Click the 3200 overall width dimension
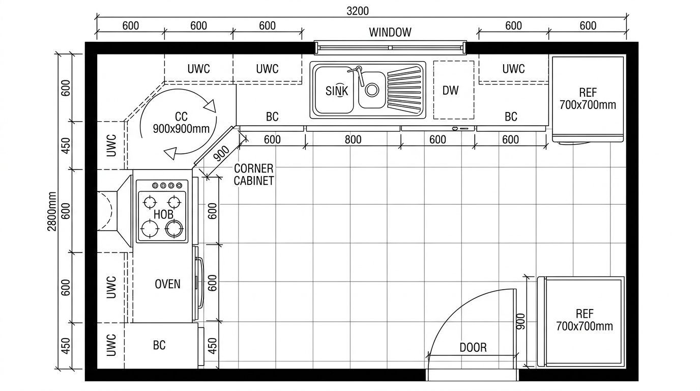pyautogui.click(x=358, y=11)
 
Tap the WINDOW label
pyautogui.click(x=390, y=32)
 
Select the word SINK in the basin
pyautogui.click(x=337, y=91)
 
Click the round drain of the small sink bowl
pyautogui.click(x=372, y=90)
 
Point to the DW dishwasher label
pyautogui.click(x=450, y=91)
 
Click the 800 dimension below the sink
pyautogui.click(x=353, y=139)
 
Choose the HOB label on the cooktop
pyautogui.click(x=163, y=214)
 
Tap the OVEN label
pyautogui.click(x=167, y=284)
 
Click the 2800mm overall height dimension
pyautogui.click(x=52, y=211)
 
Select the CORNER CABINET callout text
pyautogui.click(x=254, y=175)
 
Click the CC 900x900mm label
pyautogui.click(x=181, y=122)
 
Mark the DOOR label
pyautogui.click(x=473, y=348)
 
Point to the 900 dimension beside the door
pyautogui.click(x=520, y=321)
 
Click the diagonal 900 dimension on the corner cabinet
pyautogui.click(x=222, y=154)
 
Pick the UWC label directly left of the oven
pyautogui.click(x=111, y=287)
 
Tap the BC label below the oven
pyautogui.click(x=159, y=345)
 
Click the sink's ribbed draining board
pyautogui.click(x=404, y=90)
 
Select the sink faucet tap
pyautogui.click(x=358, y=74)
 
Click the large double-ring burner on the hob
pyautogui.click(x=174, y=229)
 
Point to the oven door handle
pyautogui.click(x=200, y=283)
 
